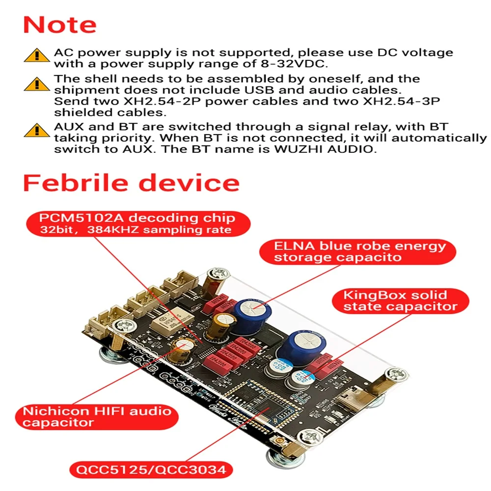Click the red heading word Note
(x=60, y=25)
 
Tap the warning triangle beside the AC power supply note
(x=36, y=55)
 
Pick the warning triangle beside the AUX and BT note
(x=36, y=131)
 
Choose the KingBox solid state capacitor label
(x=395, y=300)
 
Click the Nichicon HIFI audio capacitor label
(x=97, y=416)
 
